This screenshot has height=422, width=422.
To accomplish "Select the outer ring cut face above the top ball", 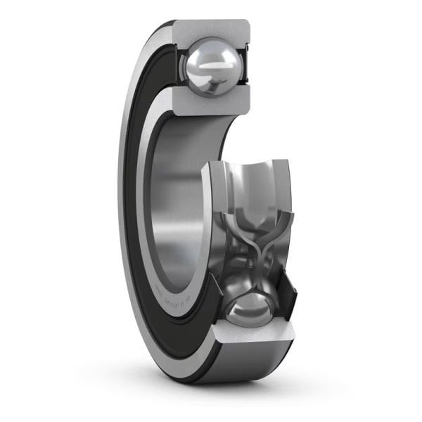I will [211, 31].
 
